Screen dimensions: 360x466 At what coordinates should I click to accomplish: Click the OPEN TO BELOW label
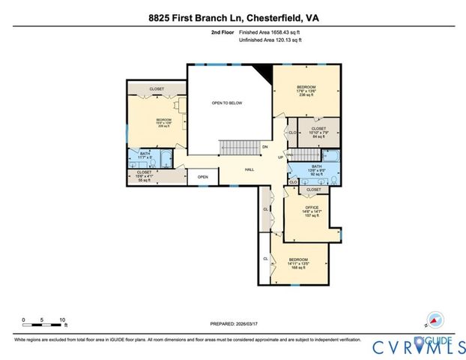coord(227,103)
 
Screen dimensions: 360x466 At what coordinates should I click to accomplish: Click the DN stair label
coord(264,147)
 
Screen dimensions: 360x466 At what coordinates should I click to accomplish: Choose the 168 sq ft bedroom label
coord(300,263)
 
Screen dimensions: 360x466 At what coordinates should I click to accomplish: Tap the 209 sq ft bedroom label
coord(163,123)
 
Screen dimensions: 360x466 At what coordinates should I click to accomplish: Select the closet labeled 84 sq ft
coord(318,133)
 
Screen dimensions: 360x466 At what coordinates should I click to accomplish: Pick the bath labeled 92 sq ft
coord(316,169)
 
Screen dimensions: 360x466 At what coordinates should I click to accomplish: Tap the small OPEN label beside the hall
coord(202,178)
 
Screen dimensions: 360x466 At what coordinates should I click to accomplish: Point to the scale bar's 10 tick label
coord(63,319)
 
